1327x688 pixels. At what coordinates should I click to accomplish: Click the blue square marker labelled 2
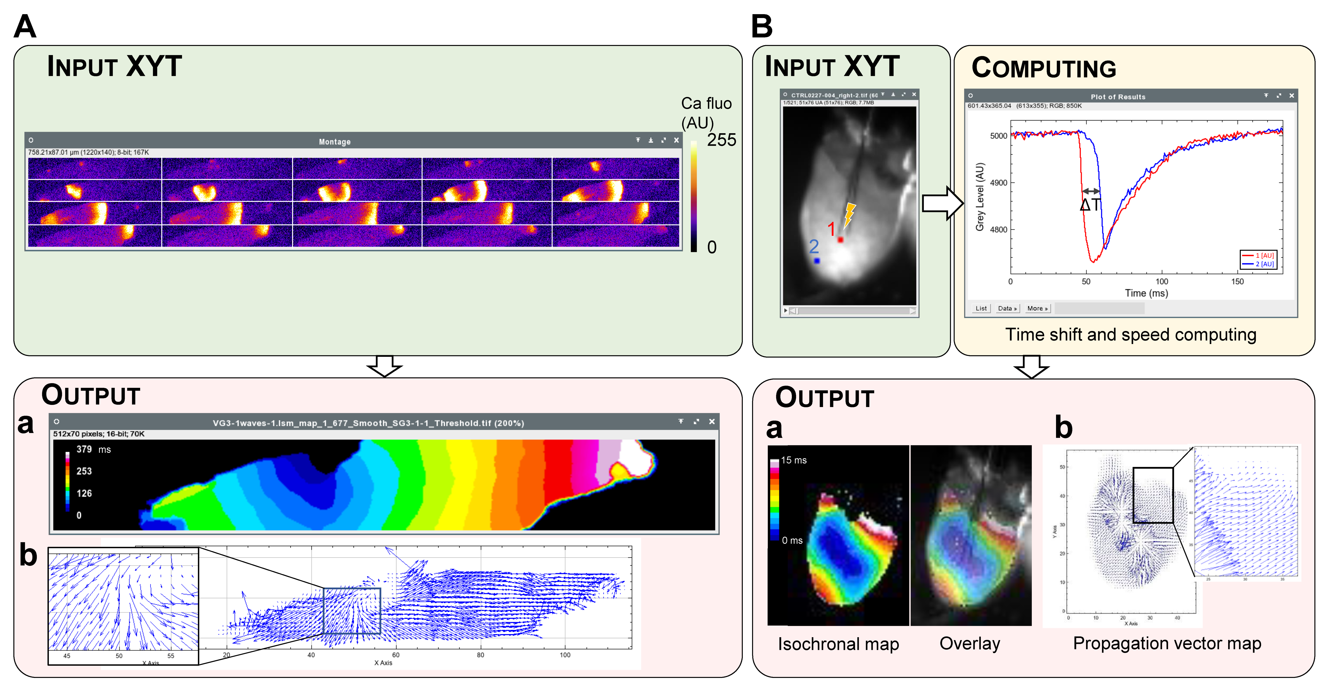(817, 261)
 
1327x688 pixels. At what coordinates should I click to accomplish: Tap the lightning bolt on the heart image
(849, 214)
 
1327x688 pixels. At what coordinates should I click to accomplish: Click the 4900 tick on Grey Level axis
(998, 183)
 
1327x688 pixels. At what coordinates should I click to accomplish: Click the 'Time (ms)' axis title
(1146, 293)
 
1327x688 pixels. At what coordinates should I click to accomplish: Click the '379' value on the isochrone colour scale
(84, 449)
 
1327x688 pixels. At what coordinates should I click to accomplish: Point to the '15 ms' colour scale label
(793, 460)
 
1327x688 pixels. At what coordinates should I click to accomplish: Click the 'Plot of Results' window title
(1118, 97)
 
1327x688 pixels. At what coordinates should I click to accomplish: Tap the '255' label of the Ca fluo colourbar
(721, 140)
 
